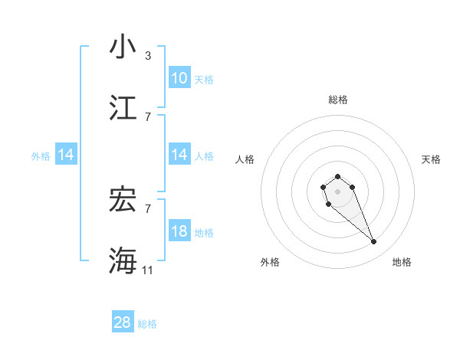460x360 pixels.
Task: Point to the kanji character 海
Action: [123, 260]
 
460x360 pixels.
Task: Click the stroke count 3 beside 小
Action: [148, 56]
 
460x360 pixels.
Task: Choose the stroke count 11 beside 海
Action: [148, 270]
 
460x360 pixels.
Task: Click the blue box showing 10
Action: [179, 77]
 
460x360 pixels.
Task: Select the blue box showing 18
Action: [179, 231]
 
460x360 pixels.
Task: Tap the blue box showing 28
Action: [123, 322]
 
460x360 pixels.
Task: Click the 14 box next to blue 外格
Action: [66, 155]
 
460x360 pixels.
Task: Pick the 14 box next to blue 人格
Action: [179, 155]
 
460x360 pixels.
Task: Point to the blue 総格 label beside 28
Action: [147, 324]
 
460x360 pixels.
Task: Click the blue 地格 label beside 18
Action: [204, 232]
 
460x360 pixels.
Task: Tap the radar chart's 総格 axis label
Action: [338, 100]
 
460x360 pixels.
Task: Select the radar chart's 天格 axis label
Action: [431, 159]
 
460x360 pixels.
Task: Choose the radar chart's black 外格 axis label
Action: [270, 262]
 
